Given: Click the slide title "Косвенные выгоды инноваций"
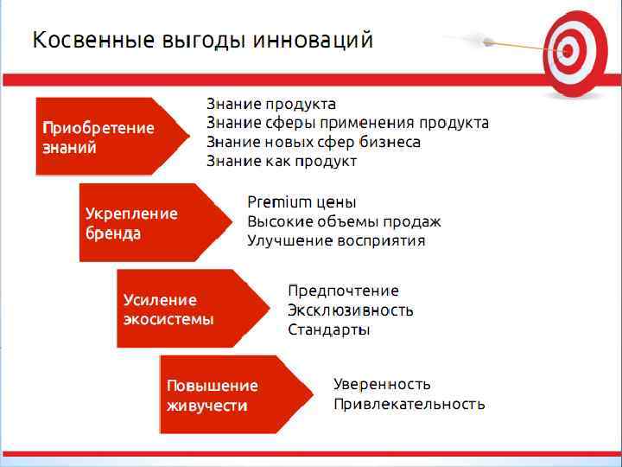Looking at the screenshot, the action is tap(203, 41).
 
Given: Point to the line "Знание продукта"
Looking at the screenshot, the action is tap(270, 105).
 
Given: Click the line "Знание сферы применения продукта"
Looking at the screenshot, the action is tap(347, 124).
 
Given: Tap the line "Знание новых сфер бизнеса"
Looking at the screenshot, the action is tap(313, 142).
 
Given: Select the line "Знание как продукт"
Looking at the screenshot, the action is tap(281, 161).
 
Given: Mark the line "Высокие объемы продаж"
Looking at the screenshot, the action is tap(344, 221).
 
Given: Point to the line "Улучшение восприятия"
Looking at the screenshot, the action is tap(336, 240).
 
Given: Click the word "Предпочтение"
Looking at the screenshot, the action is tap(343, 291).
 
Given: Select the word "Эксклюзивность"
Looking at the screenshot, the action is tap(350, 310).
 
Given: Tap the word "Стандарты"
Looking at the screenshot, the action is tap(328, 329).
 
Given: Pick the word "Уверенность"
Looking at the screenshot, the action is tap(382, 384).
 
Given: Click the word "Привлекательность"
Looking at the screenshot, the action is tap(409, 404).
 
